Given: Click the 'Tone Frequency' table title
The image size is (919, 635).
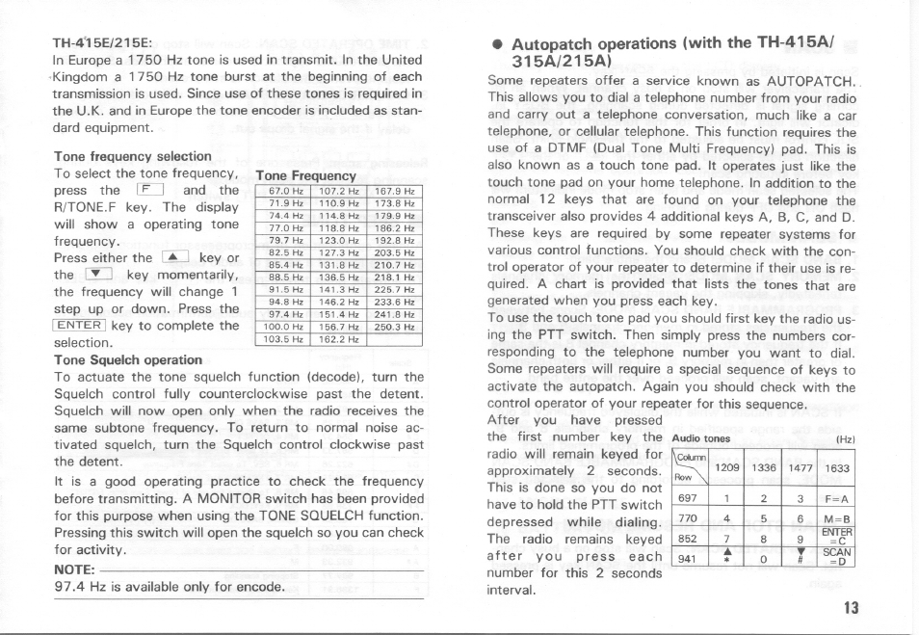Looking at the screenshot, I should coord(305,175).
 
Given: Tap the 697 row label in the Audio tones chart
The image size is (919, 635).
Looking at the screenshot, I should coord(687,499).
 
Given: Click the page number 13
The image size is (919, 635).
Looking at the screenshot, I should coord(849,607).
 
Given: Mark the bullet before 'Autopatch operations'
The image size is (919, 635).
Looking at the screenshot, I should coord(495,45).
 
